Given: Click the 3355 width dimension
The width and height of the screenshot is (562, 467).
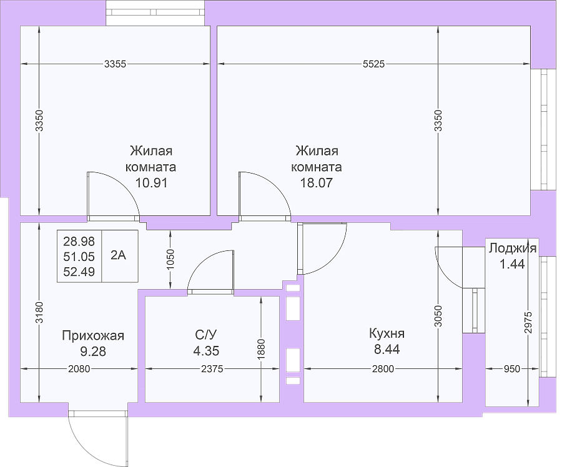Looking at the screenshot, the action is pyautogui.click(x=115, y=64).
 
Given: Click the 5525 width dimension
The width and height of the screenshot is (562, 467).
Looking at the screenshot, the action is pyautogui.click(x=373, y=64).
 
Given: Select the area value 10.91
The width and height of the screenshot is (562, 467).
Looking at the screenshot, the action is pyautogui.click(x=151, y=183).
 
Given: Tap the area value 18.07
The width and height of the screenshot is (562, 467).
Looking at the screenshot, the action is pyautogui.click(x=317, y=183).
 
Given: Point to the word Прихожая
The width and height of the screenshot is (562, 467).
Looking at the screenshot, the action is pyautogui.click(x=93, y=336).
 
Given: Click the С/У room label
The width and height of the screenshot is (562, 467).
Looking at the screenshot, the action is pyautogui.click(x=206, y=335).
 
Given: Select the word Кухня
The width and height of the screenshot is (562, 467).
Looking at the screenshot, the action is pyautogui.click(x=387, y=333).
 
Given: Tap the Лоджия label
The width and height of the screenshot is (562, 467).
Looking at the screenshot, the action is pyautogui.click(x=513, y=248).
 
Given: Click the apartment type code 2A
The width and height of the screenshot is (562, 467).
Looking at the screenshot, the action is pyautogui.click(x=118, y=255).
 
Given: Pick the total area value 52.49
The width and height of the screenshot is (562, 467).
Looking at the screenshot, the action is pyautogui.click(x=79, y=272).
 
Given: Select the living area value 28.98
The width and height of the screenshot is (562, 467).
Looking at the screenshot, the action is pyautogui.click(x=79, y=242).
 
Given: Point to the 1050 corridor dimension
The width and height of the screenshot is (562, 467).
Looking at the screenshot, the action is pyautogui.click(x=170, y=260).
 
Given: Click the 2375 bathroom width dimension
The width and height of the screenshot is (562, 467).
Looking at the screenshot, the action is pyautogui.click(x=212, y=369).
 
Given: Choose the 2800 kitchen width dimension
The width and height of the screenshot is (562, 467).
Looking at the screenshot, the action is pyautogui.click(x=383, y=369).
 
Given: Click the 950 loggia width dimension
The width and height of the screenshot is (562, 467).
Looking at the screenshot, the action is pyautogui.click(x=512, y=369).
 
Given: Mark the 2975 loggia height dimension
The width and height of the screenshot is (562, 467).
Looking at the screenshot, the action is pyautogui.click(x=528, y=323).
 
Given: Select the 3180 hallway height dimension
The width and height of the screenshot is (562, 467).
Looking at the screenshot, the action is pyautogui.click(x=39, y=313).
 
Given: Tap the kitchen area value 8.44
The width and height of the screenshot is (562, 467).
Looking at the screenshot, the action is pyautogui.click(x=387, y=349).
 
